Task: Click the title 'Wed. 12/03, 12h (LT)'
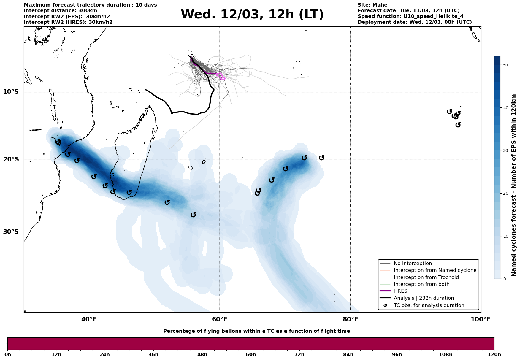(x=252, y=15)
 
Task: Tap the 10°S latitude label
(x=11, y=92)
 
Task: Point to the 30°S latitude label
(x=11, y=232)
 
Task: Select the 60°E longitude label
(x=220, y=319)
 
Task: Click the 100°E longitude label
(x=481, y=319)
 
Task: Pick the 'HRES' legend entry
(x=400, y=291)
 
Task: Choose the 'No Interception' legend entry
(x=413, y=264)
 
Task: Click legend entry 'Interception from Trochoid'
(x=426, y=277)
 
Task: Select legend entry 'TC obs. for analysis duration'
(x=429, y=305)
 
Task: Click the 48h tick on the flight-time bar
(x=202, y=354)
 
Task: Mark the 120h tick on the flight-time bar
(x=494, y=354)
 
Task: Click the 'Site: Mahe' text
(x=372, y=5)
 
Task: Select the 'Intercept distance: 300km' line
(x=60, y=11)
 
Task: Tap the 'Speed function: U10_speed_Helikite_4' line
(x=410, y=16)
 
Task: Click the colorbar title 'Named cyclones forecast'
(x=514, y=185)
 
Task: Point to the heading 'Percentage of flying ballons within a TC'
(x=256, y=331)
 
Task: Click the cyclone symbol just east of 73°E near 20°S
(x=321, y=158)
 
